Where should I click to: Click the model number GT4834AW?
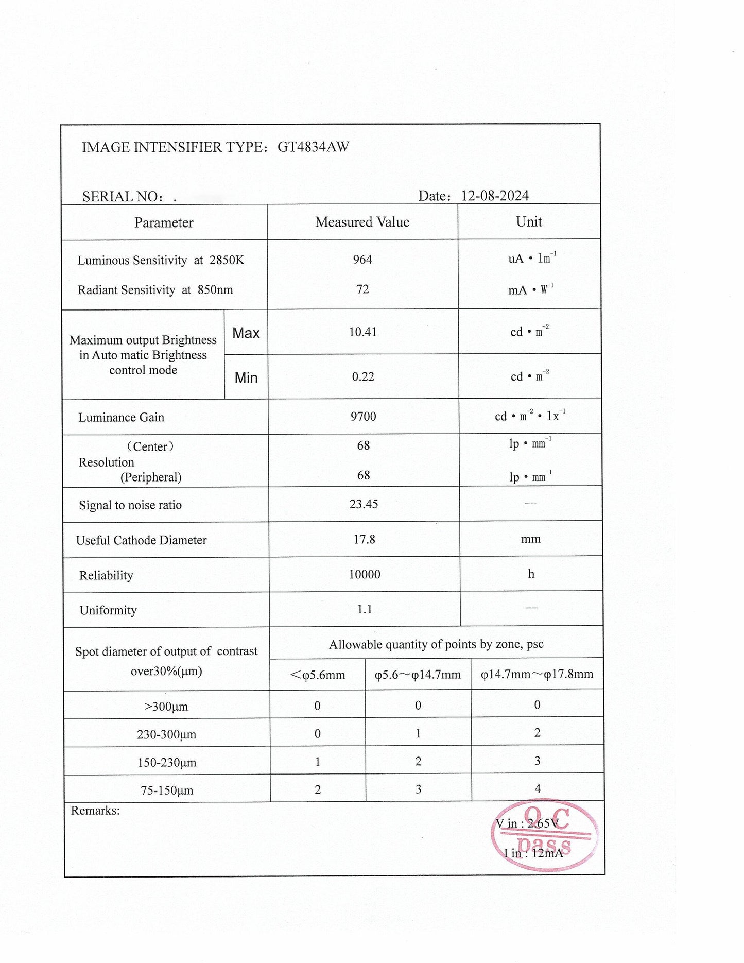pyautogui.click(x=313, y=147)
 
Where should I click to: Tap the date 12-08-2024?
pyautogui.click(x=495, y=196)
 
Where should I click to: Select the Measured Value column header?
pyautogui.click(x=362, y=222)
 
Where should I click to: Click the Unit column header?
pyautogui.click(x=529, y=221)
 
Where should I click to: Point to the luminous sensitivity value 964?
pyautogui.click(x=362, y=260)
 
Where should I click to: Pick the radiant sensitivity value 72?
pyautogui.click(x=362, y=289)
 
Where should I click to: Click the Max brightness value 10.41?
pyautogui.click(x=363, y=332)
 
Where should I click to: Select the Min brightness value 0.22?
pyautogui.click(x=363, y=377)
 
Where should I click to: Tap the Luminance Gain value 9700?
pyautogui.click(x=364, y=416)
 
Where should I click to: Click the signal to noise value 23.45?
pyautogui.click(x=364, y=504)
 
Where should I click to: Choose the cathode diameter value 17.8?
pyautogui.click(x=364, y=539)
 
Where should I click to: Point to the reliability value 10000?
pyautogui.click(x=365, y=574)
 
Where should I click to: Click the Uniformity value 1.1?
pyautogui.click(x=365, y=609)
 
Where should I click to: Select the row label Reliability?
pyautogui.click(x=106, y=575)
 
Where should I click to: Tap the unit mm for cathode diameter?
pyautogui.click(x=531, y=539)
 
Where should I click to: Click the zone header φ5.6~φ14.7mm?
pyautogui.click(x=418, y=675)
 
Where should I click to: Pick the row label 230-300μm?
pyautogui.click(x=166, y=734)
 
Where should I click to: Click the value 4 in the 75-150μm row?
pyautogui.click(x=538, y=788)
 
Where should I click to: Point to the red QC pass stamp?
pyautogui.click(x=544, y=835)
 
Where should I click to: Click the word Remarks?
pyautogui.click(x=95, y=811)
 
